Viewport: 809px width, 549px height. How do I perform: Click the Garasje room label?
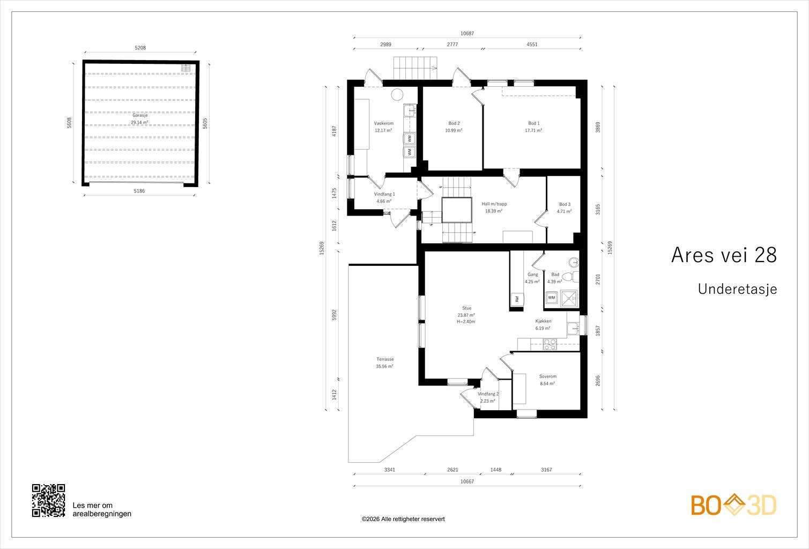[140, 116]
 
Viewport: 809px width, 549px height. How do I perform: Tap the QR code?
[48, 500]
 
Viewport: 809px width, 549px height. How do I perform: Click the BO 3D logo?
[733, 505]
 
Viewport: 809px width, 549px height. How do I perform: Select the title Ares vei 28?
[724, 255]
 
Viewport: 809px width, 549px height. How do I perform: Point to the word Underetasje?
[737, 289]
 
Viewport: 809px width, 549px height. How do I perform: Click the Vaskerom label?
[383, 123]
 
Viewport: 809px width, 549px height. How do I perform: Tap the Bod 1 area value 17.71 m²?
[533, 130]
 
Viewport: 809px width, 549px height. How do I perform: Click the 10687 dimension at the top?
[467, 33]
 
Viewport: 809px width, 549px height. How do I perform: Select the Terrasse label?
[385, 359]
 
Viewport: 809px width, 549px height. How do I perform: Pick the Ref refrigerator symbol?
[517, 299]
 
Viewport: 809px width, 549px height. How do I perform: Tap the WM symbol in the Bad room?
[552, 298]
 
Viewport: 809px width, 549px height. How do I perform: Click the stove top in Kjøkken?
[550, 344]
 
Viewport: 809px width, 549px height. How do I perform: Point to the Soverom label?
[548, 376]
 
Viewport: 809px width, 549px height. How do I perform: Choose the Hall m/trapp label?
[494, 204]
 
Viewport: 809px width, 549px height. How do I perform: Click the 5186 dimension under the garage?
[139, 191]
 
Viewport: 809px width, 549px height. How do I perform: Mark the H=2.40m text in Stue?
[466, 322]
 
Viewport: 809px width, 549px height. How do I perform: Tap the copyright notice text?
[403, 519]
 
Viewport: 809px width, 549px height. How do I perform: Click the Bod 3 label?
[565, 204]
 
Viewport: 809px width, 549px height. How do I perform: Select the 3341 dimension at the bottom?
[390, 470]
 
